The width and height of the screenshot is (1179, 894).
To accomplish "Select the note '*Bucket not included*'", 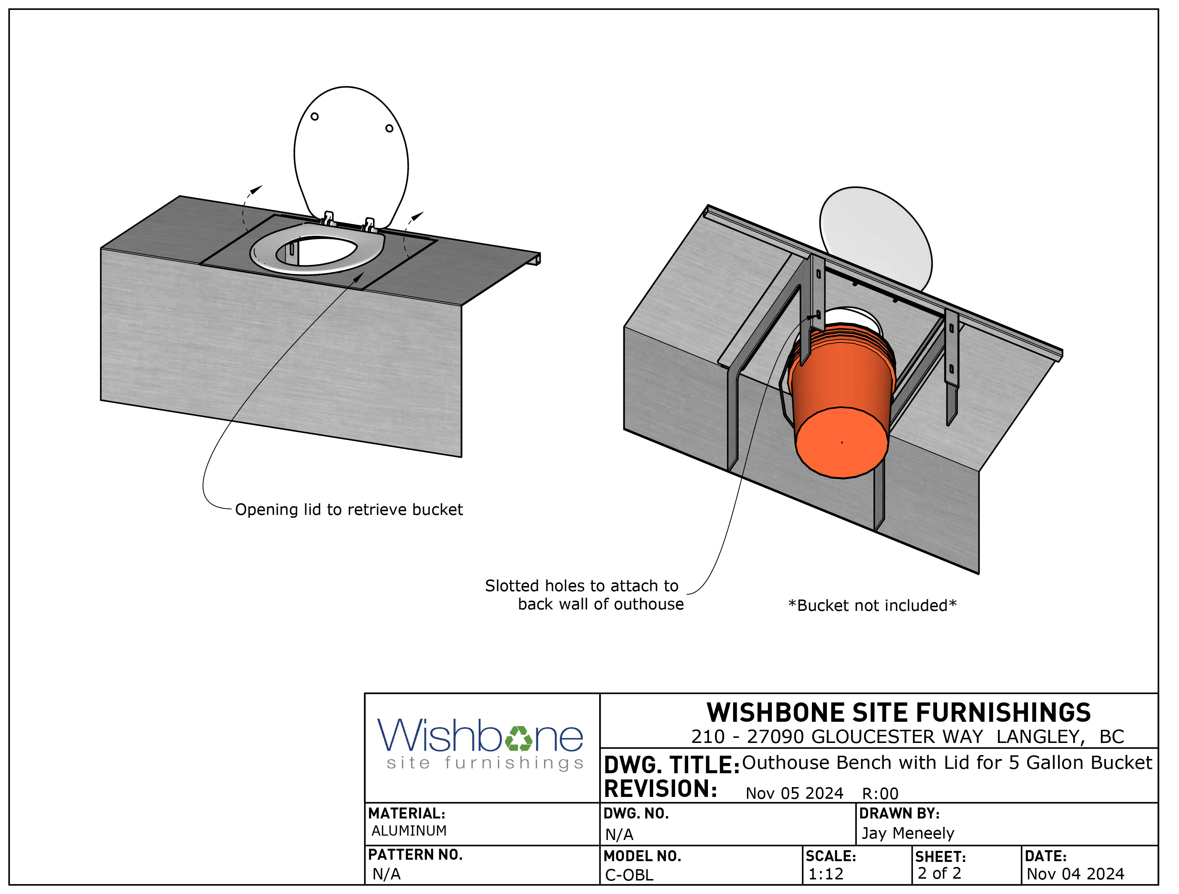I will pos(872,606).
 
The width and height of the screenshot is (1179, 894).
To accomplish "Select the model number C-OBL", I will pos(629,875).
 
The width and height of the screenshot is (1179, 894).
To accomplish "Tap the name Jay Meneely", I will pos(908,833).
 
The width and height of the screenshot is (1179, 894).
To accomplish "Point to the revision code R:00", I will pos(880,794).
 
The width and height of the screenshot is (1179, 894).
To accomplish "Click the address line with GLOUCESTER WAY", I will pos(907,737).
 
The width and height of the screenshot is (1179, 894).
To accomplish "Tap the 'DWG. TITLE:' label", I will pos(671,765).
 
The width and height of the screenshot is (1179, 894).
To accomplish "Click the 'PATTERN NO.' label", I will pos(415,855).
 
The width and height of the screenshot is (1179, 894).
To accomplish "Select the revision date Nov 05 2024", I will pos(794,794).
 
